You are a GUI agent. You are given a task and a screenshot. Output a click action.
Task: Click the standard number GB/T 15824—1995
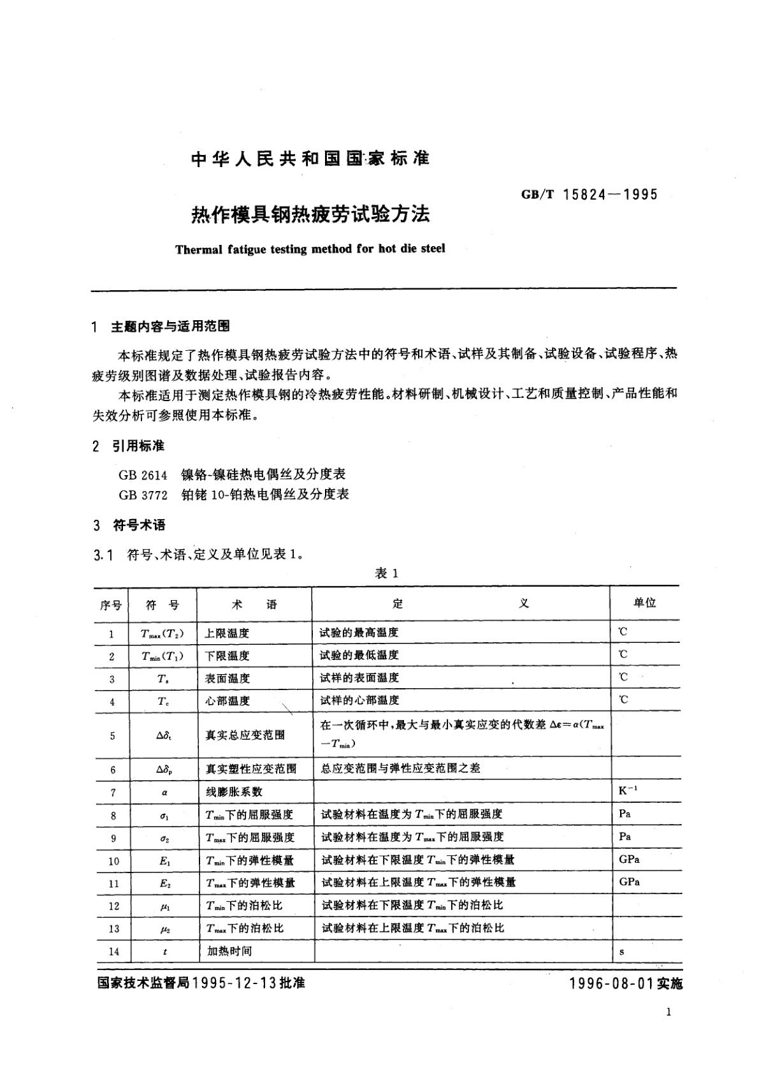pyautogui.click(x=589, y=195)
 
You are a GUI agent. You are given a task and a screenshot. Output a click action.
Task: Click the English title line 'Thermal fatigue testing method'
pyautogui.click(x=310, y=249)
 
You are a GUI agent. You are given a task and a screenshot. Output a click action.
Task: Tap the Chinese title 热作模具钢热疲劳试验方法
pyautogui.click(x=311, y=214)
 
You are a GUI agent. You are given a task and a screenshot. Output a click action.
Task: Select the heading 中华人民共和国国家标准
pyautogui.click(x=310, y=159)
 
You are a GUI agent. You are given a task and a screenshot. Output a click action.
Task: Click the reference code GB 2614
pyautogui.click(x=143, y=474)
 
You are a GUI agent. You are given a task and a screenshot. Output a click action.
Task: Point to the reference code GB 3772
pyautogui.click(x=143, y=494)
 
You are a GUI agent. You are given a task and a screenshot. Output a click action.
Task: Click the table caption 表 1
pyautogui.click(x=386, y=573)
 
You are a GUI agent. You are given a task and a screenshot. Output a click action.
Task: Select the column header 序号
pyautogui.click(x=111, y=605)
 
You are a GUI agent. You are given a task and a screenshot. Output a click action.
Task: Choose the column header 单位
pyautogui.click(x=644, y=603)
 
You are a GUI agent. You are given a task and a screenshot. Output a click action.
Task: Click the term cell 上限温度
pyautogui.click(x=227, y=633)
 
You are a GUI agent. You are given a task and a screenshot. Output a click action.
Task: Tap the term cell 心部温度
pyautogui.click(x=227, y=701)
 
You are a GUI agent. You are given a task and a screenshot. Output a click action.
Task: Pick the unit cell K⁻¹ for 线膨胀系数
pyautogui.click(x=628, y=791)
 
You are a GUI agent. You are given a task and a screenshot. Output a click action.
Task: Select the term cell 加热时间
pyautogui.click(x=229, y=951)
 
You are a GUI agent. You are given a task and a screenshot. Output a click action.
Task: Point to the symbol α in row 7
pyautogui.click(x=164, y=793)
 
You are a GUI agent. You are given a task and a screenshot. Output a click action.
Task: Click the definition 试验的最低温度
pyautogui.click(x=359, y=655)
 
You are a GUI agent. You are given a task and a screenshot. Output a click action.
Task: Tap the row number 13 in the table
pyautogui.click(x=113, y=929)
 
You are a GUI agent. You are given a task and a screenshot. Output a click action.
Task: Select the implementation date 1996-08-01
pyautogui.click(x=612, y=983)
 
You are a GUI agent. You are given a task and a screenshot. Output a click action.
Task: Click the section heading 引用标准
pyautogui.click(x=138, y=446)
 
